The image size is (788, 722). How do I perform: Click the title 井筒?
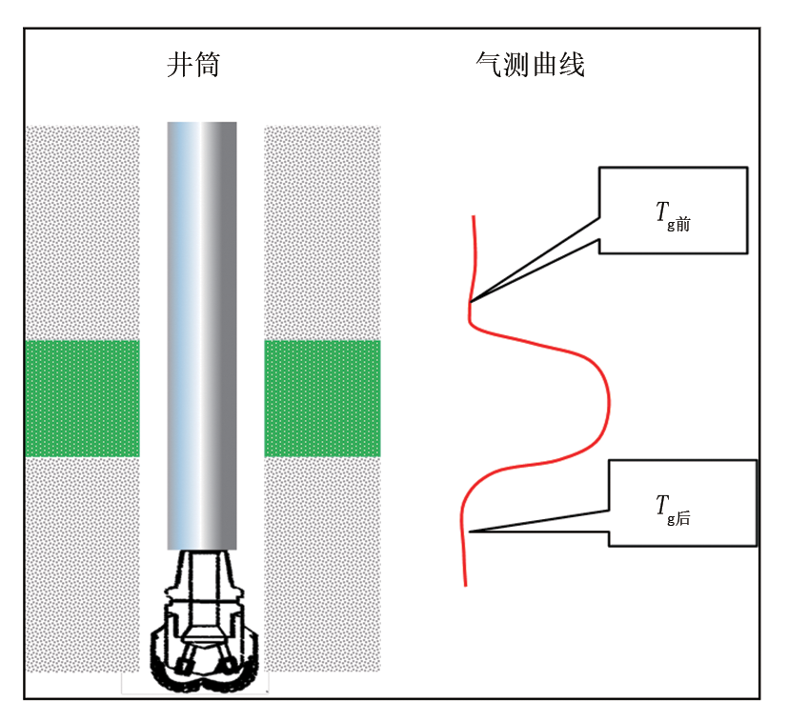tap(193, 65)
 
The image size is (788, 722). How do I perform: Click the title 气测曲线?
tap(530, 65)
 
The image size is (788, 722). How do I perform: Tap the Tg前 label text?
tap(673, 216)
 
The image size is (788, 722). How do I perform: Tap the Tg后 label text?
tap(673, 510)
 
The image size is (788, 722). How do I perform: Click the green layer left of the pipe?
tap(82, 398)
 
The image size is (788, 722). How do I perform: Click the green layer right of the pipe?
tap(322, 398)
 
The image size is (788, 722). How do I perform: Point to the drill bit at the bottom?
tap(205, 620)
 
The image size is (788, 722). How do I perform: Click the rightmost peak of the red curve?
tap(610, 402)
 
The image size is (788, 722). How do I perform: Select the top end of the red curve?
tap(474, 216)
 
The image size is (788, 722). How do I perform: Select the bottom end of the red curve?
tap(465, 586)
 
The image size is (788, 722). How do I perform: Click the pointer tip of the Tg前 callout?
tap(470, 302)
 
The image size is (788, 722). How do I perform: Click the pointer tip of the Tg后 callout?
tap(470, 531)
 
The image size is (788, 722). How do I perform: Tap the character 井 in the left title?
tap(179, 65)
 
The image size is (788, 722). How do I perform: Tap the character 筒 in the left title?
tap(208, 65)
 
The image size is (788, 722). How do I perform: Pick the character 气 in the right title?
tap(489, 65)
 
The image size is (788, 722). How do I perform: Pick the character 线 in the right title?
tap(572, 65)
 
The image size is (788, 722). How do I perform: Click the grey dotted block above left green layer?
tap(82, 232)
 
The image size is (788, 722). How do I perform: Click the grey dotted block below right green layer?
tap(322, 564)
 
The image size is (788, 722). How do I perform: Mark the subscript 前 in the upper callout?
tap(682, 224)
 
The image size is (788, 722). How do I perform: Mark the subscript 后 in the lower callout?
tap(682, 518)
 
